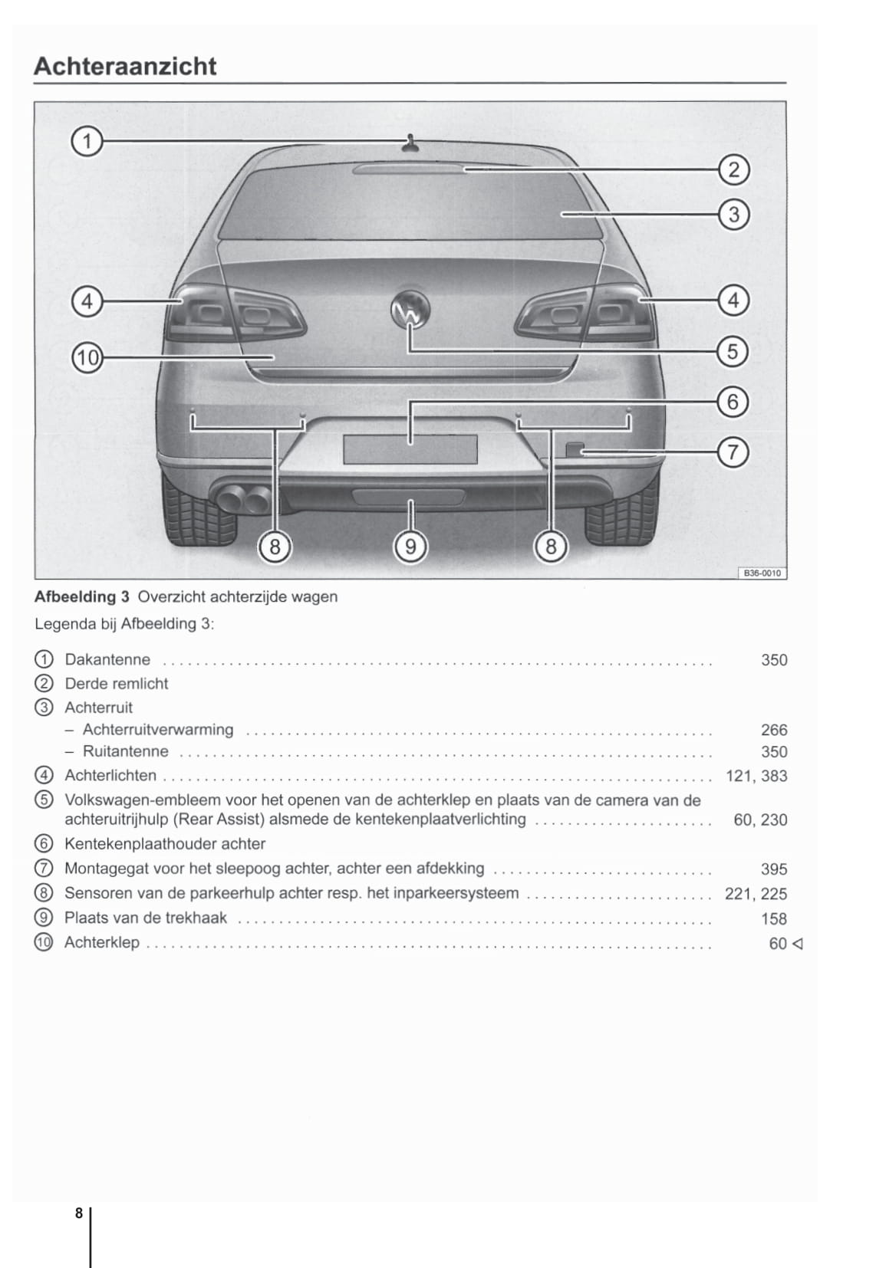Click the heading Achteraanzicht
(125, 67)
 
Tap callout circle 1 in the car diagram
(87, 142)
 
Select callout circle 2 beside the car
(733, 169)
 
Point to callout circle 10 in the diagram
(87, 357)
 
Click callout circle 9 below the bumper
(410, 547)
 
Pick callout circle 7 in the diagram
(733, 452)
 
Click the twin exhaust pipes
(243, 499)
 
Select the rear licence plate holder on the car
(410, 449)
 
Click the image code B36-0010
(762, 573)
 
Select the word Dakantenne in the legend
(107, 660)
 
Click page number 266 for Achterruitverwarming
(774, 730)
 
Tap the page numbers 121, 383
(756, 776)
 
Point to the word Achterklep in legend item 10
(102, 942)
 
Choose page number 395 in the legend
(774, 869)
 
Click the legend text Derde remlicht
(117, 684)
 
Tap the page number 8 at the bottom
(79, 1214)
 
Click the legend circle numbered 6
(44, 844)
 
